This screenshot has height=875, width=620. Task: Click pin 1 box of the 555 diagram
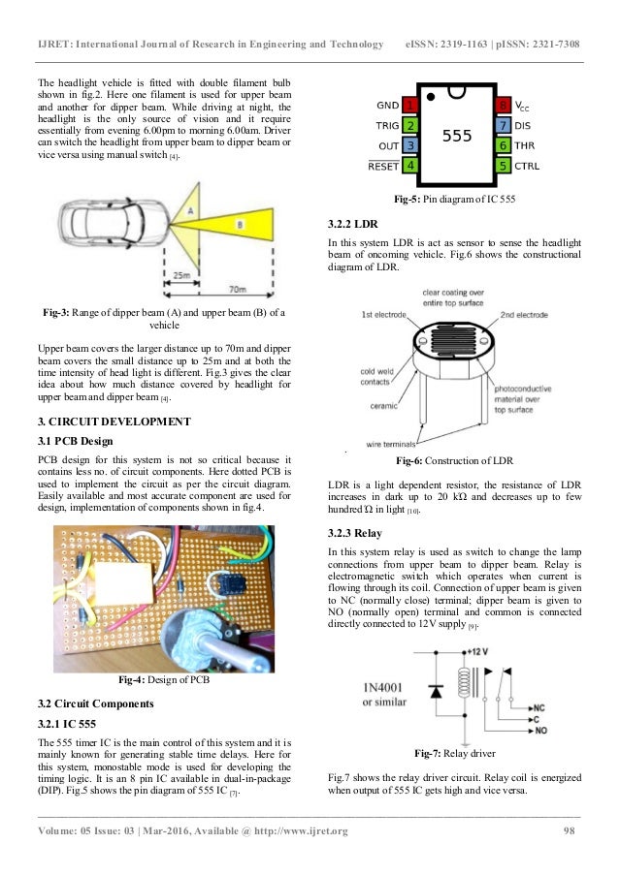coord(410,105)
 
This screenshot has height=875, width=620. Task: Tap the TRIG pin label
coord(387,126)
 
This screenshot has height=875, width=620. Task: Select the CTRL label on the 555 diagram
coord(527,166)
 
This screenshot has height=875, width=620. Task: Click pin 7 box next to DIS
coord(503,126)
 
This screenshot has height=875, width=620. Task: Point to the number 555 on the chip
coord(457,136)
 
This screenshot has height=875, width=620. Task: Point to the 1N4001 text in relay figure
coord(390,690)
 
